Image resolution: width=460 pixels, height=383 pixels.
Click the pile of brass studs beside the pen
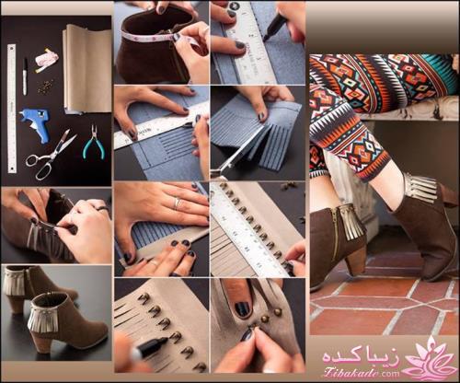[x=42, y=87]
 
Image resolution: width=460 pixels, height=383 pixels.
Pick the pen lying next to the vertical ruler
[x=25, y=76]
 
